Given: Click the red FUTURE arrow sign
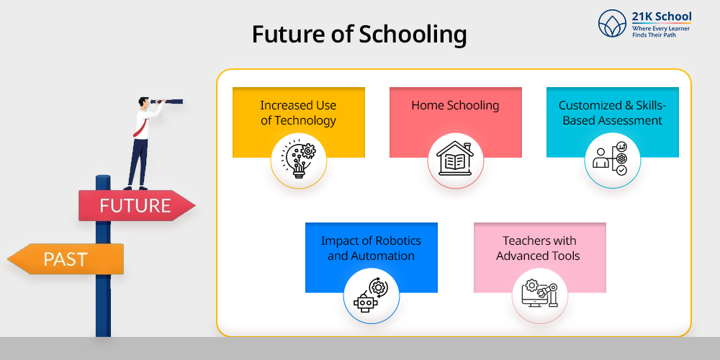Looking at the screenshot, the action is pos(136,205).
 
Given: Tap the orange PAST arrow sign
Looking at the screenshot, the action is pos(66,259).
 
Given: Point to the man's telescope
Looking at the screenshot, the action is pos(167,101).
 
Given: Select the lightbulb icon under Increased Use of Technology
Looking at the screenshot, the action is pos(299,159).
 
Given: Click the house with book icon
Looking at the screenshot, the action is pos(455,159).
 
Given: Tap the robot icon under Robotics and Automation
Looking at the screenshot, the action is pos(365,303).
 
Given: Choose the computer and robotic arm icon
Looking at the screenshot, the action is pos(539,294).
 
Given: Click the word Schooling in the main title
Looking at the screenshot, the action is pos(413,35).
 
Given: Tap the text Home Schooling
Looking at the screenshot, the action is pos(455,105).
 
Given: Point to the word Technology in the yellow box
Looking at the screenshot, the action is pos(299,121).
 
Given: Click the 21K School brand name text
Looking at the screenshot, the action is pos(661,17).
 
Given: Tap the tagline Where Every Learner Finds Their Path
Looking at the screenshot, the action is pos(661,31).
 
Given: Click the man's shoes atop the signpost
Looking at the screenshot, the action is pos(135,187).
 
